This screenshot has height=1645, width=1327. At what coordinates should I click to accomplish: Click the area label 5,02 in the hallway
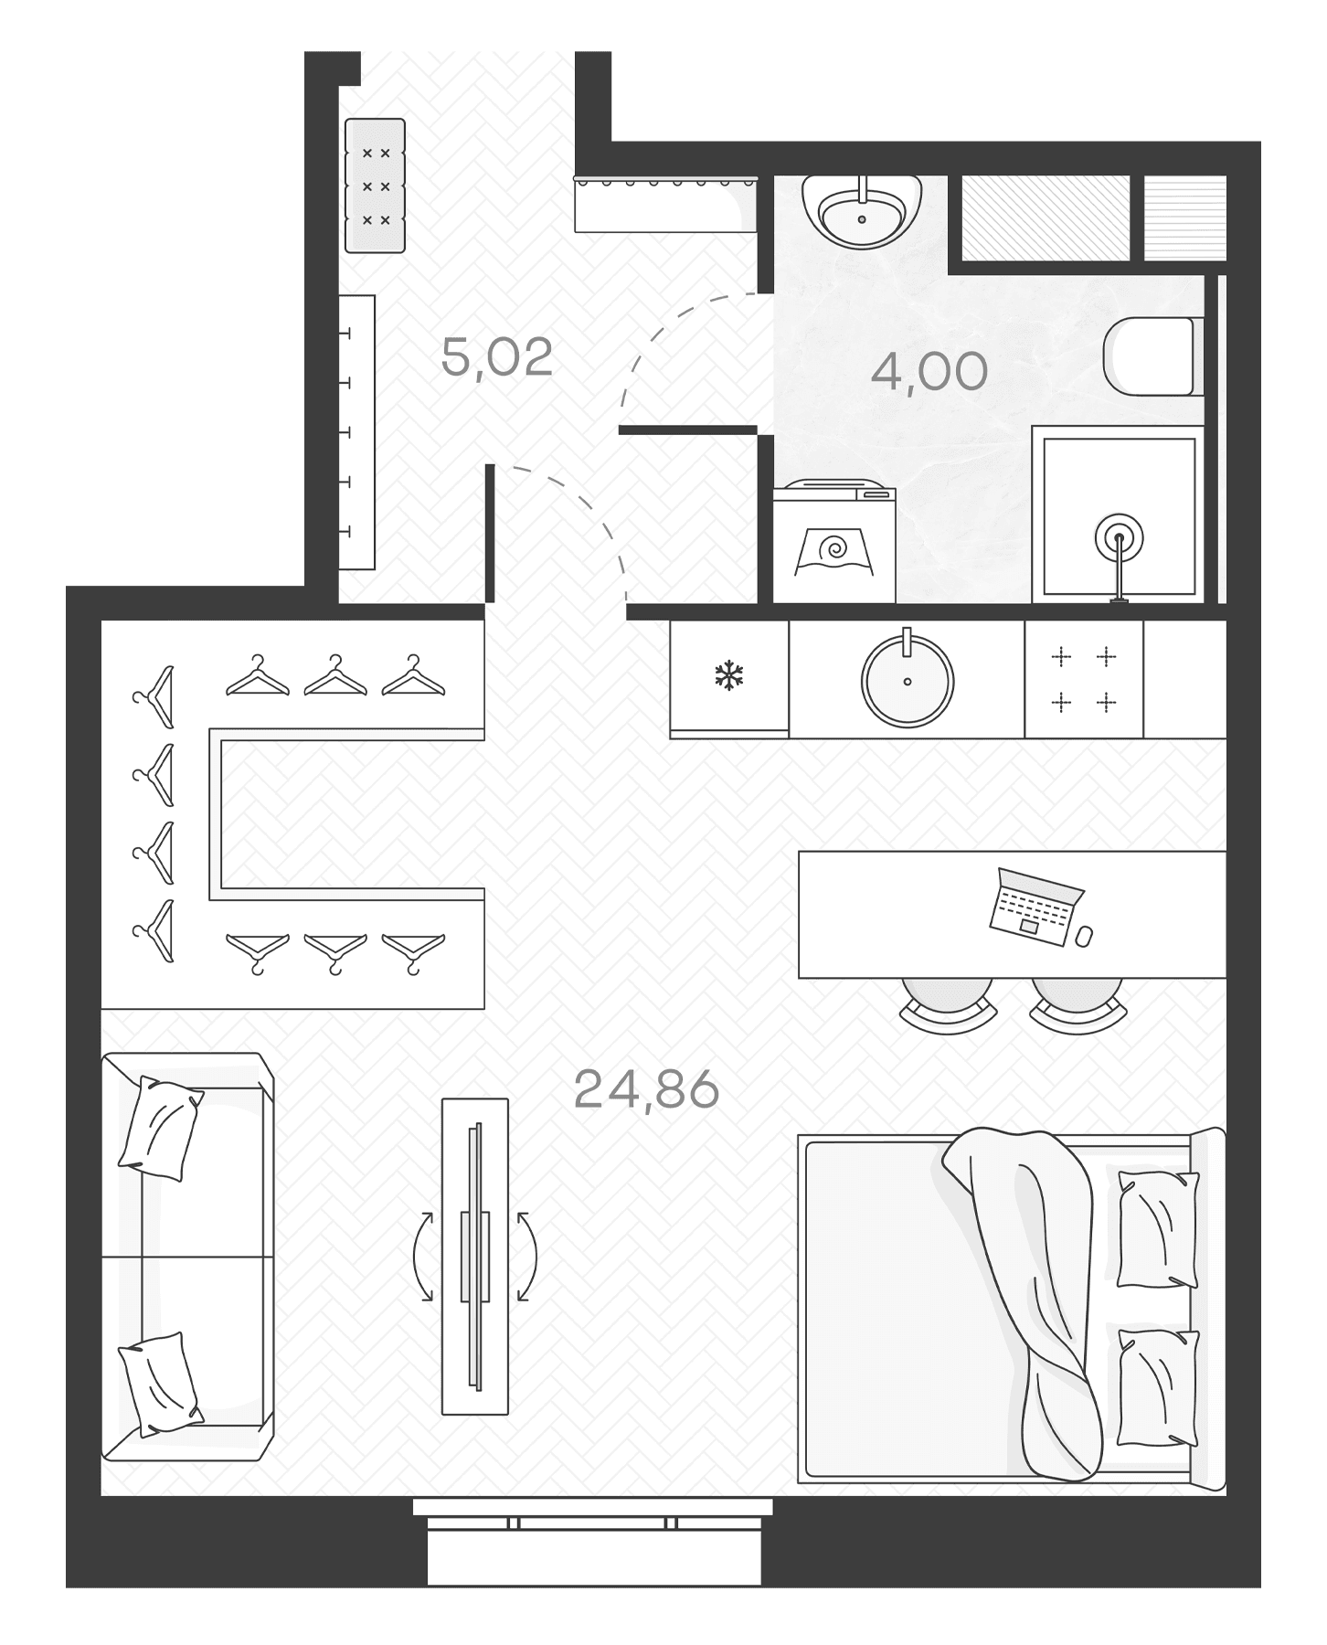497,357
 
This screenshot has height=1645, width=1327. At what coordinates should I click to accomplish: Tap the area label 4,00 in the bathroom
929,371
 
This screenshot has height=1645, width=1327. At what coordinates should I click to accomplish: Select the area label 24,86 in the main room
646,1089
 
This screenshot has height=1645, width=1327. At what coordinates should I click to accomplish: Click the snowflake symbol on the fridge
728,676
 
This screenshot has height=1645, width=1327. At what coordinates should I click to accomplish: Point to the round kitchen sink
907,680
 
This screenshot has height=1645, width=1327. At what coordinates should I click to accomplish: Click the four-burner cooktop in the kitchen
1084,679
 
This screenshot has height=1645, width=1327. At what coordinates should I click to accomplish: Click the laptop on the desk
1035,907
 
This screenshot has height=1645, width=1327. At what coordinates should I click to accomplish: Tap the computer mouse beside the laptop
1085,937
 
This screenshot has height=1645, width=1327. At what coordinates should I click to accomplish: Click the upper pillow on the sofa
161,1128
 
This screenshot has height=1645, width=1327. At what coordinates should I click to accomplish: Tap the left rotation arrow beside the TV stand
423,1256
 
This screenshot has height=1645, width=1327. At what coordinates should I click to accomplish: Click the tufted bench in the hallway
375,186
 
